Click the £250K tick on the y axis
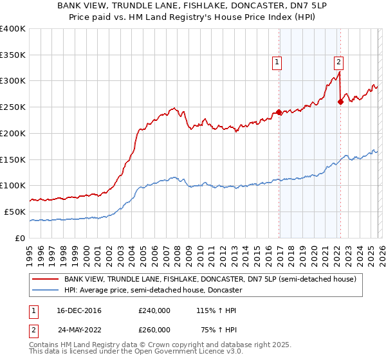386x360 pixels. pos(13,107)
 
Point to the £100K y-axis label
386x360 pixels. pos(13,186)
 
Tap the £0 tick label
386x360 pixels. pos(20,238)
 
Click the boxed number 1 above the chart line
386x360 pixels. pos(277,62)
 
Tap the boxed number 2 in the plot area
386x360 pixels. pos(338,62)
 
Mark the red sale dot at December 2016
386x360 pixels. pos(279,112)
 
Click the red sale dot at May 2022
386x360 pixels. pos(340,102)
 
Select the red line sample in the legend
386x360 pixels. pos(45,279)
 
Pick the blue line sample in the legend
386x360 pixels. pos(45,290)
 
